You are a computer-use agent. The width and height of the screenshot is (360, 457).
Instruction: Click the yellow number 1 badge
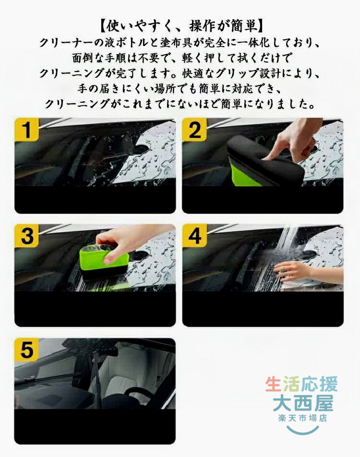pos(26,130)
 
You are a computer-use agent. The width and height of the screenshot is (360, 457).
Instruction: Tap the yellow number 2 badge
pos(194,130)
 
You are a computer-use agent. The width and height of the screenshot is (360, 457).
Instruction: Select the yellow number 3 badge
pos(26,236)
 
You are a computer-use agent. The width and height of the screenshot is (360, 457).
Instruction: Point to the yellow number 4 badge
pos(194,236)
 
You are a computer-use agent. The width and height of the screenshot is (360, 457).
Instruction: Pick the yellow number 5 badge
pos(26,349)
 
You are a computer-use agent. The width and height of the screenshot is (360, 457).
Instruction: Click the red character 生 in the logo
pos(274,384)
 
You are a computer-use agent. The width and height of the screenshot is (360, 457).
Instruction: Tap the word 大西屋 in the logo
pos(303,403)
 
